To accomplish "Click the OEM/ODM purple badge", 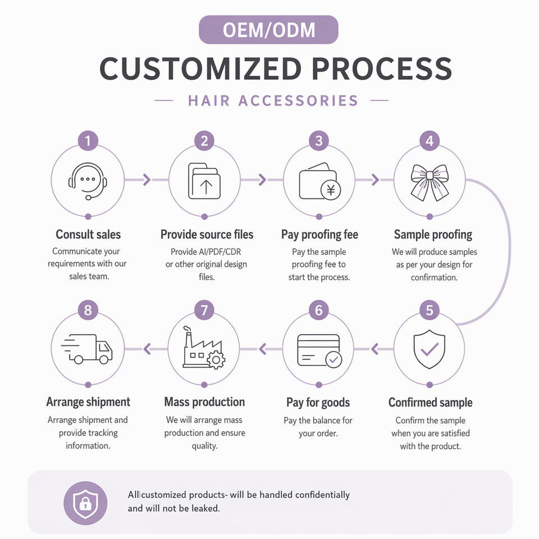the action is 268,30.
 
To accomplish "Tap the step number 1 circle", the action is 88,140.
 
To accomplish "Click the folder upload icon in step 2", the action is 204,181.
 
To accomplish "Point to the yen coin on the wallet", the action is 331,190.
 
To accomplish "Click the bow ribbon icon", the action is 430,182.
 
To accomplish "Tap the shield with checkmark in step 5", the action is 430,349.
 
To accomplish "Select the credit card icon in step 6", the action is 319,350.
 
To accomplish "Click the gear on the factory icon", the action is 216,360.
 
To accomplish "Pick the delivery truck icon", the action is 86,349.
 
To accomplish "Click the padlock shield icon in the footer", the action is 85,503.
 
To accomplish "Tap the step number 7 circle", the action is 204,310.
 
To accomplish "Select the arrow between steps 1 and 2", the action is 147,180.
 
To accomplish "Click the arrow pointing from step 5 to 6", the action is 374,349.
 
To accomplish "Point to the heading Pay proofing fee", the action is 319,235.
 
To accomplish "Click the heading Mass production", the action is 204,402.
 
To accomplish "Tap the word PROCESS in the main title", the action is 382,68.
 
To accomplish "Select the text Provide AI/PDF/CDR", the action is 206,252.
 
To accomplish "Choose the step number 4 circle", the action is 430,140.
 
